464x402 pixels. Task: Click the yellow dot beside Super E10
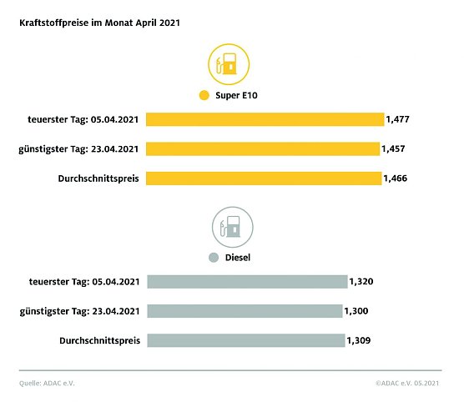pyautogui.click(x=204, y=96)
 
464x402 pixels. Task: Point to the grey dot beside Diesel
pyautogui.click(x=214, y=258)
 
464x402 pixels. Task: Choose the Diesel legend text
pyautogui.click(x=238, y=258)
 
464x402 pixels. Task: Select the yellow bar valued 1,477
pyautogui.click(x=265, y=119)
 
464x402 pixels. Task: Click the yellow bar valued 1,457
pyautogui.click(x=263, y=148)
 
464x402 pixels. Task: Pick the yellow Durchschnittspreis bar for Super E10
pyautogui.click(x=264, y=178)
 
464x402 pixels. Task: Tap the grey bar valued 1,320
pyautogui.click(x=247, y=281)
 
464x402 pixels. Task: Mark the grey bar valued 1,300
pyautogui.click(x=245, y=310)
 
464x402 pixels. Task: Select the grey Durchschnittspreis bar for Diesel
pyautogui.click(x=246, y=339)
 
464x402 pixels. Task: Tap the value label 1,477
pyautogui.click(x=397, y=120)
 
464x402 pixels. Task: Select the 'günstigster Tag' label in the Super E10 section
pyautogui.click(x=78, y=148)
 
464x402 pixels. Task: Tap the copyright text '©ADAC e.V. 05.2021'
pyautogui.click(x=408, y=384)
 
